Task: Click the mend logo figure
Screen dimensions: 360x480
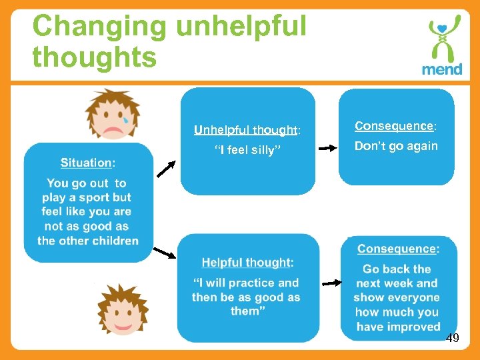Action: (x=442, y=39)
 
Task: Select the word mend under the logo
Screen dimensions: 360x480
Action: (x=441, y=69)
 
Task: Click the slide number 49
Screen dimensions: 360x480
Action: (x=452, y=339)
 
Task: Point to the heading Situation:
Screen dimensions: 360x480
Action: (x=87, y=163)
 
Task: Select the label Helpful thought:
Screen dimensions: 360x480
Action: (x=247, y=263)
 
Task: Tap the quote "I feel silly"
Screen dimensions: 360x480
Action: (x=245, y=150)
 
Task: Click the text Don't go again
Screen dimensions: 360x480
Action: (x=396, y=146)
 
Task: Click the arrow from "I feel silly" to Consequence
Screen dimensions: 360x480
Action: (x=328, y=149)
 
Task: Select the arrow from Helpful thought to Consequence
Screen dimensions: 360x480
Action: (x=331, y=283)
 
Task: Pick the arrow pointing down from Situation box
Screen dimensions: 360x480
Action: (x=164, y=253)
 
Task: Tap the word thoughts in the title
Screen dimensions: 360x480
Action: (x=94, y=57)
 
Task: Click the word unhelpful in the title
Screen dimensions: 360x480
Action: (x=241, y=27)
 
